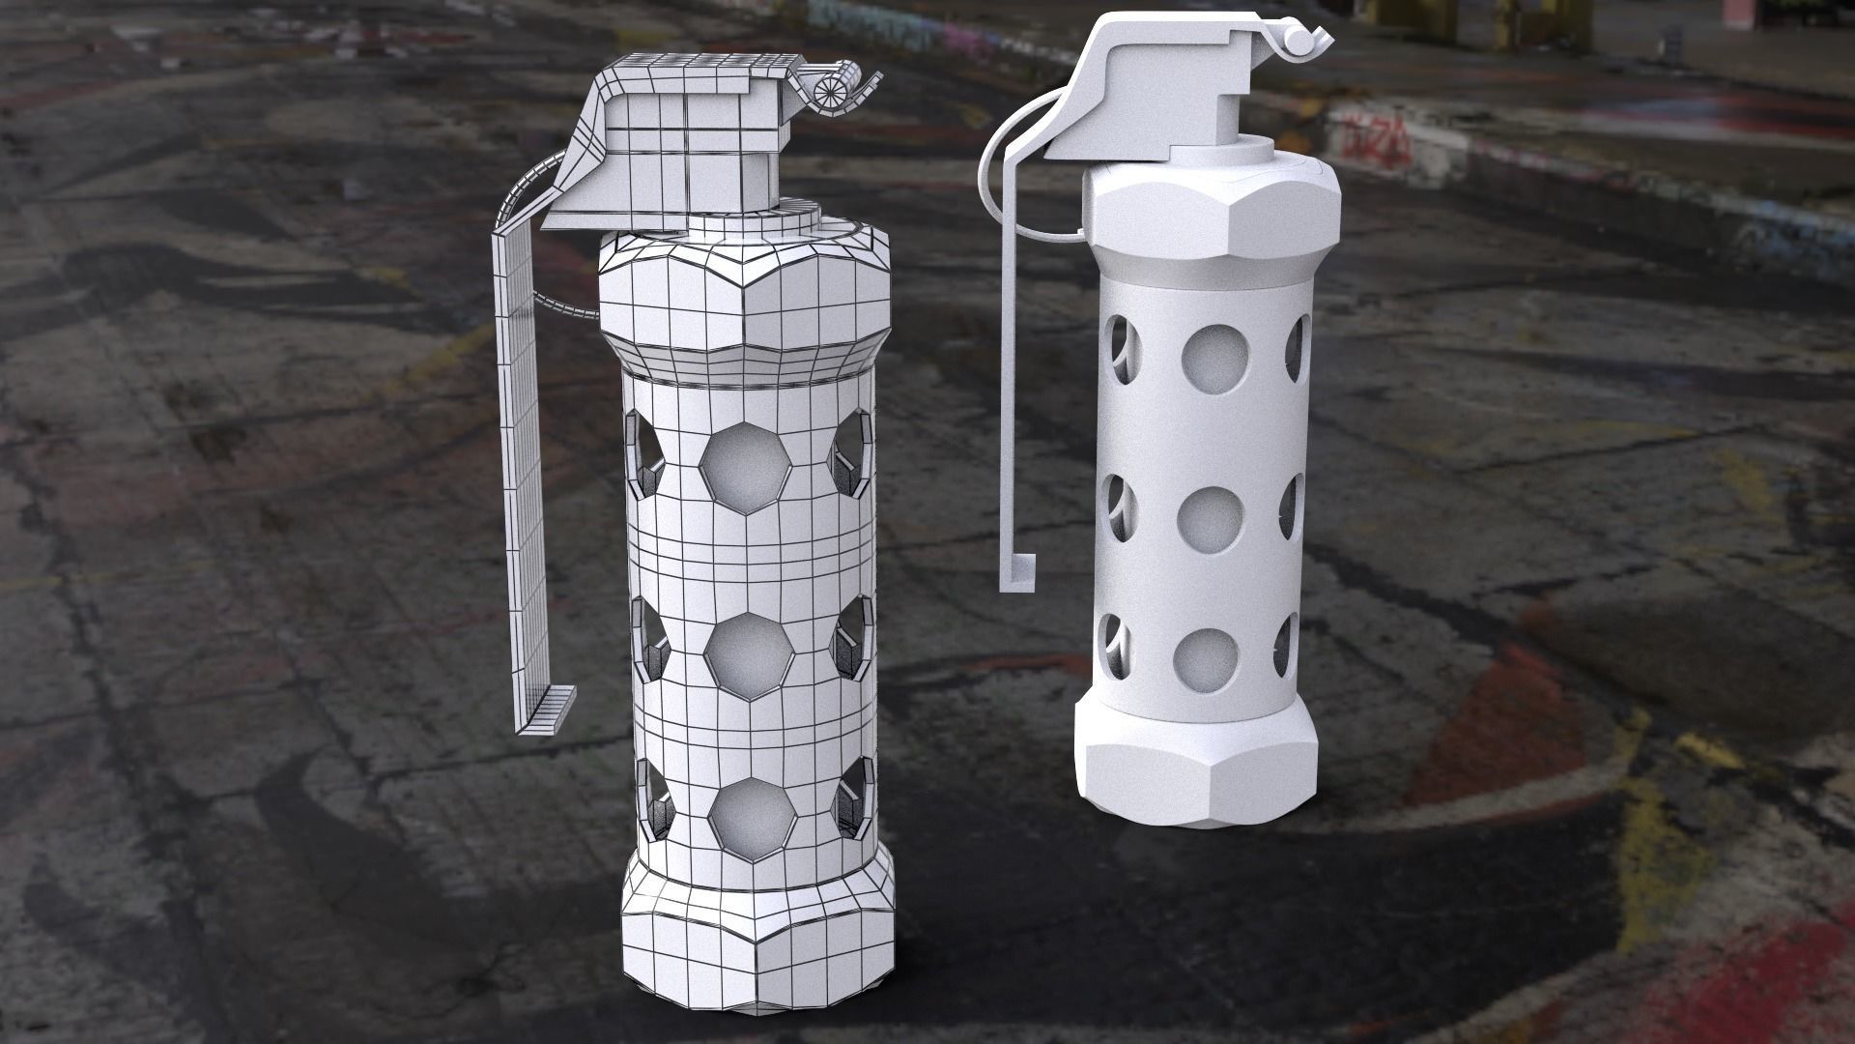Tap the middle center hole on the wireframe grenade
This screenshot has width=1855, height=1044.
tap(747, 650)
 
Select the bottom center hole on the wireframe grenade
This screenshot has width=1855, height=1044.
tap(747, 814)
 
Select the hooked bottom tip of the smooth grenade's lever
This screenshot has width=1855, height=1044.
tap(1016, 573)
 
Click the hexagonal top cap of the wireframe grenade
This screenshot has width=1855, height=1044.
tap(744, 280)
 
